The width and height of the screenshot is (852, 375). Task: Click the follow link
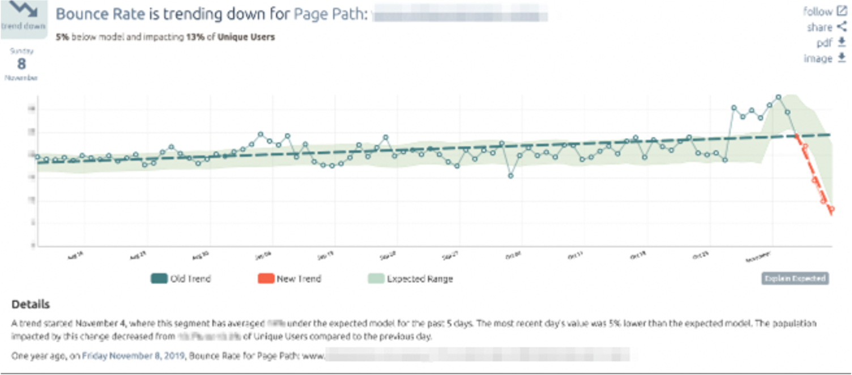coord(825,11)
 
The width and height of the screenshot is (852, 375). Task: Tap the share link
coord(827,27)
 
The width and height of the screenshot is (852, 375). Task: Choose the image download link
coord(825,58)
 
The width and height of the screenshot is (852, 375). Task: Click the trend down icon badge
coord(23,17)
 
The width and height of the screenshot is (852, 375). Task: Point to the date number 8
coord(22,64)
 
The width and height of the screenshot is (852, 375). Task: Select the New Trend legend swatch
coord(265,279)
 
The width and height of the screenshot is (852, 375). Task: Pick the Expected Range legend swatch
coord(376,279)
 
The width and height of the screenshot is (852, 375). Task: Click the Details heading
coord(31,304)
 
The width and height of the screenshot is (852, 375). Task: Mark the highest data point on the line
coord(778,97)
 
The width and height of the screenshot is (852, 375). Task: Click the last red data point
coord(832,209)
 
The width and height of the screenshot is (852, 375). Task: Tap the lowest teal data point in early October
coord(511,176)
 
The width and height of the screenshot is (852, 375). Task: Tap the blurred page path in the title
coord(459,14)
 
